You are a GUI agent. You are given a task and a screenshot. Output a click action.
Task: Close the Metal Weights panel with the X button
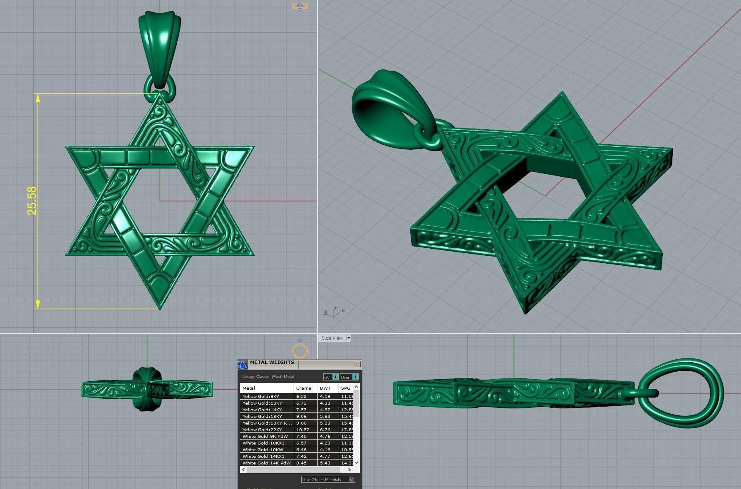click(357, 364)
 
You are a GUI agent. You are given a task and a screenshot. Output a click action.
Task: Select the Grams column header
click(303, 388)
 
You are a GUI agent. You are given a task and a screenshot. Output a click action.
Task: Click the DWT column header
click(325, 388)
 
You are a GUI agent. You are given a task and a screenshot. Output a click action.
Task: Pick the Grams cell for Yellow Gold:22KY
click(303, 430)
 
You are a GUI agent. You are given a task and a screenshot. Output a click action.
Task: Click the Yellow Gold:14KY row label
click(262, 410)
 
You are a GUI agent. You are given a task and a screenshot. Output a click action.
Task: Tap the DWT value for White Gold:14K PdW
click(325, 463)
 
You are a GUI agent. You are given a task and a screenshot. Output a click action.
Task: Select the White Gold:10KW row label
click(263, 449)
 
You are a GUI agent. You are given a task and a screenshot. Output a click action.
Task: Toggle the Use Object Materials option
click(352, 479)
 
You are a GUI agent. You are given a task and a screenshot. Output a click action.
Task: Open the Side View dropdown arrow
click(349, 338)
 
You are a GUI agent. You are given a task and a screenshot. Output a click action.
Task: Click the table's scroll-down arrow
click(357, 462)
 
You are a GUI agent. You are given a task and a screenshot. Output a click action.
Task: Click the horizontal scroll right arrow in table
click(349, 469)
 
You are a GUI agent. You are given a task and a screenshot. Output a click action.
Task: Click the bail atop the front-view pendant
click(159, 46)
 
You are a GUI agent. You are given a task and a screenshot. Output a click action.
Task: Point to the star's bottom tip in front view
click(160, 308)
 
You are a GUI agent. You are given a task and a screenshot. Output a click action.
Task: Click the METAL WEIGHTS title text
click(272, 362)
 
